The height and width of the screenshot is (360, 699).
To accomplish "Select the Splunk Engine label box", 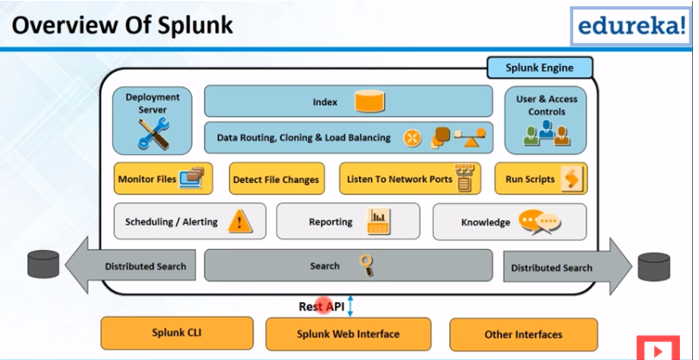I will [x=539, y=68].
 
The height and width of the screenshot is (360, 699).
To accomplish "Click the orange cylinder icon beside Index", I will [x=369, y=102].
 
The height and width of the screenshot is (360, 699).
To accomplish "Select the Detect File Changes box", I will [x=276, y=180].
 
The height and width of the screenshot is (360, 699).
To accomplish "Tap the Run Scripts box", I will [x=540, y=180].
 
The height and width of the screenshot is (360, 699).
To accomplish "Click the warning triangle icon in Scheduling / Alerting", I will [x=240, y=222].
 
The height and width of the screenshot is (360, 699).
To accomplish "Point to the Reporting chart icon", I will [x=377, y=222].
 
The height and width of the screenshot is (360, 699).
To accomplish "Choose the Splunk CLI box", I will [x=176, y=332].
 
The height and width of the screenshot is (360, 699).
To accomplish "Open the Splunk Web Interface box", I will [x=348, y=334].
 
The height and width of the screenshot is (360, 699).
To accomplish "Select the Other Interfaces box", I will [x=523, y=334].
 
